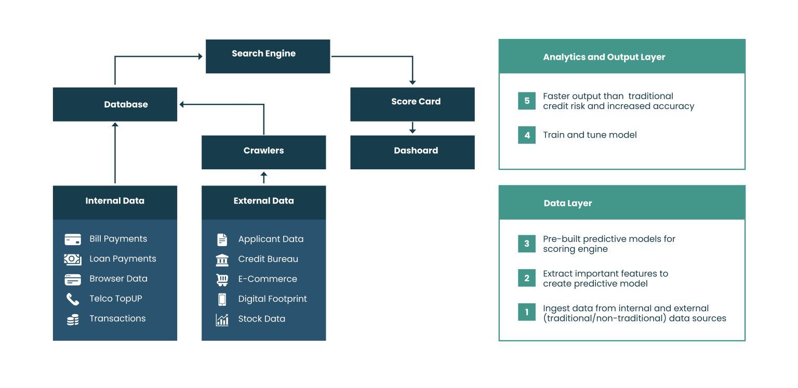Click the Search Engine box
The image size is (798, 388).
point(268,56)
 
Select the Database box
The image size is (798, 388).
point(115,104)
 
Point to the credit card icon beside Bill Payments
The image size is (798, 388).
point(73,239)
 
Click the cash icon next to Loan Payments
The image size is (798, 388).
point(73,259)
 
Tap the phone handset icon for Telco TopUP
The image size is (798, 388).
point(73,299)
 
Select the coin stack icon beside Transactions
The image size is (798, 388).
point(73,319)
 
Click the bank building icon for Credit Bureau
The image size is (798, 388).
point(222,260)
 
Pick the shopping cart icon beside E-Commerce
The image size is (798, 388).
point(222,279)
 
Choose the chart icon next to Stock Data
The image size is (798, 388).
point(222,319)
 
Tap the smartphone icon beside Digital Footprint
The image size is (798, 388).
point(222,299)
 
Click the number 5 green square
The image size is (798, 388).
point(526,101)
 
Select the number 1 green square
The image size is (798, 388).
point(526,312)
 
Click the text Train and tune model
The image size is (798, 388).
point(589,135)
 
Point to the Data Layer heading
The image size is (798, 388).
point(567,203)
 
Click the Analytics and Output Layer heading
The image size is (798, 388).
point(604,57)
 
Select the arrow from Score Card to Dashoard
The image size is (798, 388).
point(413,128)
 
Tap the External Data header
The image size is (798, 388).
point(263,201)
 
